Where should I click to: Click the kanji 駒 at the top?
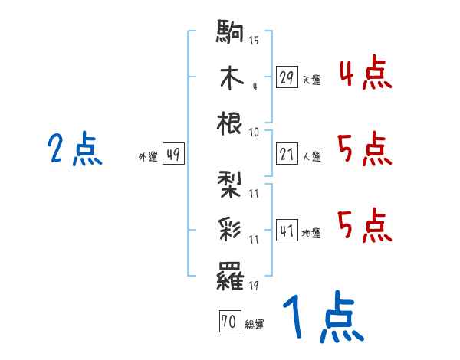(x=231, y=33)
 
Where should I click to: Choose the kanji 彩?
(x=231, y=228)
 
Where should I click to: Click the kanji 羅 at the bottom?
(x=231, y=273)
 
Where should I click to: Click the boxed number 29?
(x=287, y=77)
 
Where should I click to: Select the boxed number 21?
(x=287, y=154)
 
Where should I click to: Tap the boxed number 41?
(x=287, y=230)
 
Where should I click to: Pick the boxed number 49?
(x=173, y=154)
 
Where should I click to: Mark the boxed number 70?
(x=228, y=322)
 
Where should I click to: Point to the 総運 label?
(x=255, y=325)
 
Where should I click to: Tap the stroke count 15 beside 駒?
(x=255, y=41)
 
